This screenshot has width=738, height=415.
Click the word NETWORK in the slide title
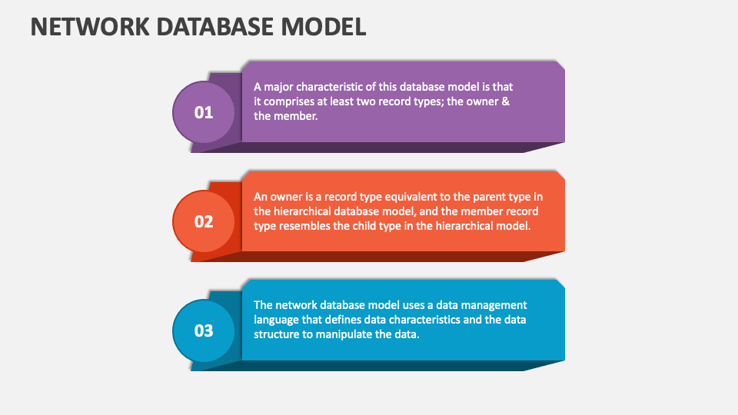pos(89,26)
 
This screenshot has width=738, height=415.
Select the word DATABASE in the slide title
pos(214,26)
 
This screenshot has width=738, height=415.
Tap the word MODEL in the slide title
pos(324,26)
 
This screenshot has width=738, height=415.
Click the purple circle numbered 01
pos(203,112)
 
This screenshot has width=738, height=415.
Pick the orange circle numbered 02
pos(203,221)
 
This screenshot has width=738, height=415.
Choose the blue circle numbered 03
pos(203,330)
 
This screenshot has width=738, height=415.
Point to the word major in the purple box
pos(278,87)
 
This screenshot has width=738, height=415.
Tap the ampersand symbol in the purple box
pos(506,101)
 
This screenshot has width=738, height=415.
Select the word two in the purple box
pos(366,101)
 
